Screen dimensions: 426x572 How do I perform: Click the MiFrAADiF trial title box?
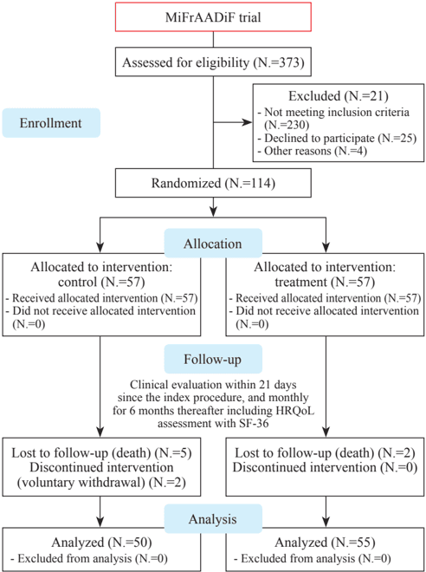click(213, 16)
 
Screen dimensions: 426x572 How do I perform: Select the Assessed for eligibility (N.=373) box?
click(213, 62)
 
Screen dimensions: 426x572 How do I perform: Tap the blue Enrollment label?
click(51, 122)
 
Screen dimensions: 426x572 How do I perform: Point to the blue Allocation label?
click(213, 244)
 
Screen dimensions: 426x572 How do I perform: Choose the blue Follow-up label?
click(213, 360)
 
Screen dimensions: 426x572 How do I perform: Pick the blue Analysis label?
click(213, 519)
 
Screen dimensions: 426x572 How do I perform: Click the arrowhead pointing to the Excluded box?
click(248, 122)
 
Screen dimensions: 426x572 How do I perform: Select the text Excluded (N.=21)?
click(338, 96)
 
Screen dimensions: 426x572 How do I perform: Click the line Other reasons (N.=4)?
click(312, 151)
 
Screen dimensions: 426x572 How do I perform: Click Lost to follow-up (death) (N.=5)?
click(101, 453)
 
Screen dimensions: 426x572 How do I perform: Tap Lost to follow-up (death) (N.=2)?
click(325, 453)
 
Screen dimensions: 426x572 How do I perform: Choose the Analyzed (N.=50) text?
click(101, 543)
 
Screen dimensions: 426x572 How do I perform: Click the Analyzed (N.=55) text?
click(325, 543)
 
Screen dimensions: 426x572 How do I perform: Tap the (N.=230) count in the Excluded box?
click(287, 126)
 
